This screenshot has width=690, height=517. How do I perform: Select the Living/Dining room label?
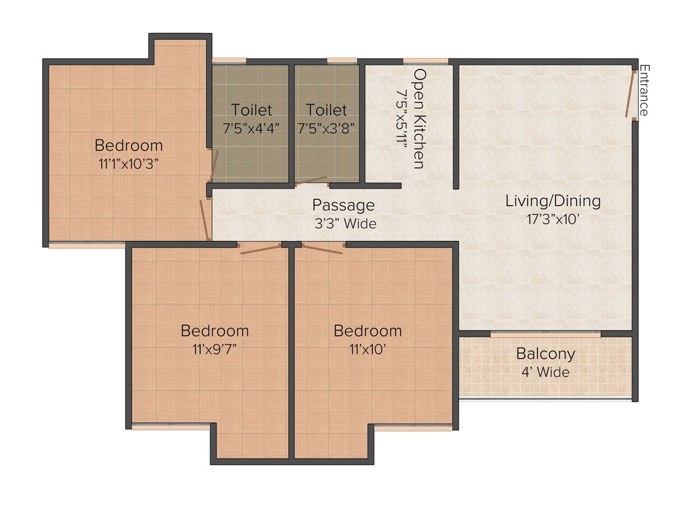[x=553, y=201]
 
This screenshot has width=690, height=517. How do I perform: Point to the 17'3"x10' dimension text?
[x=553, y=218]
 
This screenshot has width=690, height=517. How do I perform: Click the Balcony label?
[x=545, y=353]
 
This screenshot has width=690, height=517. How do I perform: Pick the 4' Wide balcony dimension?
[x=545, y=372]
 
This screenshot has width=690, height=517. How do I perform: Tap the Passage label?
[x=343, y=205]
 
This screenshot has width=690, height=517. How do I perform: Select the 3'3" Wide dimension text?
[x=343, y=223]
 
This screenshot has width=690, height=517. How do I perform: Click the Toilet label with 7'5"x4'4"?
[x=251, y=110]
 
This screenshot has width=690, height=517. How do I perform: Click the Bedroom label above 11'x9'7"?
[x=214, y=331]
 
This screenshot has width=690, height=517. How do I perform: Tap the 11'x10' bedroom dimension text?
[x=367, y=349]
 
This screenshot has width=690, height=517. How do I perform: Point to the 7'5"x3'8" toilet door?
[x=311, y=181]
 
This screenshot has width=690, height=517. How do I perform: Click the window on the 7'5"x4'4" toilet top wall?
[x=229, y=61]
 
